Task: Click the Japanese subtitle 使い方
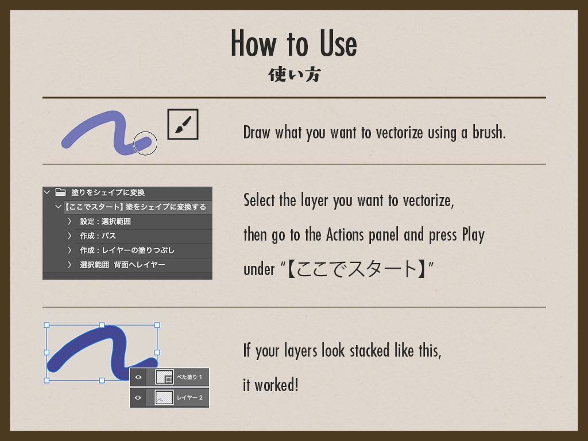[294, 75]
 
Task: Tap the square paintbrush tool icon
[183, 124]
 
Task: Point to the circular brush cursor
[145, 144]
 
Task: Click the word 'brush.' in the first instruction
[489, 133]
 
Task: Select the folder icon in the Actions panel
[60, 192]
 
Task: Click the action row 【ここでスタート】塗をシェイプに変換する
[136, 207]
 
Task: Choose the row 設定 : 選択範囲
[106, 221]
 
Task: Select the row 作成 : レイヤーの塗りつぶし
[127, 250]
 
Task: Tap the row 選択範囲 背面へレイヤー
[122, 265]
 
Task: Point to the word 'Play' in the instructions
[473, 235]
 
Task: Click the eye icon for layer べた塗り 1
[138, 377]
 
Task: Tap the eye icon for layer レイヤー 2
[138, 397]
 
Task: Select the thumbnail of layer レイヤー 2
[164, 397]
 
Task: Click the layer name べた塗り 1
[189, 377]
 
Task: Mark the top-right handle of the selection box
[157, 325]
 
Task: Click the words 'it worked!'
[270, 385]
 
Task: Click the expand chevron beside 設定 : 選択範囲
[69, 221]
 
